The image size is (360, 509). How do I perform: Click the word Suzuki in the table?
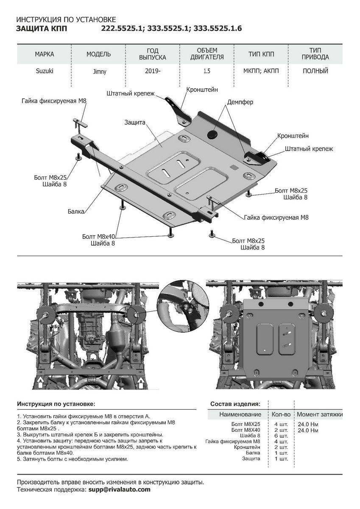(x=44, y=71)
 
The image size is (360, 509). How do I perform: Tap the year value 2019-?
(x=153, y=71)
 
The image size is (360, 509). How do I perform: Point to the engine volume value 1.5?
(x=207, y=71)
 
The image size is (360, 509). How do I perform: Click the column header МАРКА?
(x=44, y=54)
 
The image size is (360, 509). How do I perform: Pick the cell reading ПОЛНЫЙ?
(x=315, y=71)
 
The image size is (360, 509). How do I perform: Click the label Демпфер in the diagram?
(x=240, y=102)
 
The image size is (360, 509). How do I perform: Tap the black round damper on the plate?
(x=212, y=134)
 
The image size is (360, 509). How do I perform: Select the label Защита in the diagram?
(x=135, y=122)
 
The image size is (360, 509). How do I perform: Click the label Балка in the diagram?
(x=75, y=211)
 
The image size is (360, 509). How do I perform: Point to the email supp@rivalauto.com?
(x=120, y=489)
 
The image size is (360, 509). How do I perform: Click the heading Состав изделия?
(x=235, y=404)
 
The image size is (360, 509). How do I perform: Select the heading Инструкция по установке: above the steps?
(x=56, y=404)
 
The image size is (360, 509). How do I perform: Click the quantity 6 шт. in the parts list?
(x=281, y=436)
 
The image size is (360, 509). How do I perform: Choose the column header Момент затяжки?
(x=320, y=414)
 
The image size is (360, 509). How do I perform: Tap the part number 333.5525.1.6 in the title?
(x=218, y=29)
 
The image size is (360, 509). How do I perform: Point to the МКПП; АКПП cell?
(x=261, y=71)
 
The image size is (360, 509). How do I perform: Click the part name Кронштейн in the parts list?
(x=247, y=447)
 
